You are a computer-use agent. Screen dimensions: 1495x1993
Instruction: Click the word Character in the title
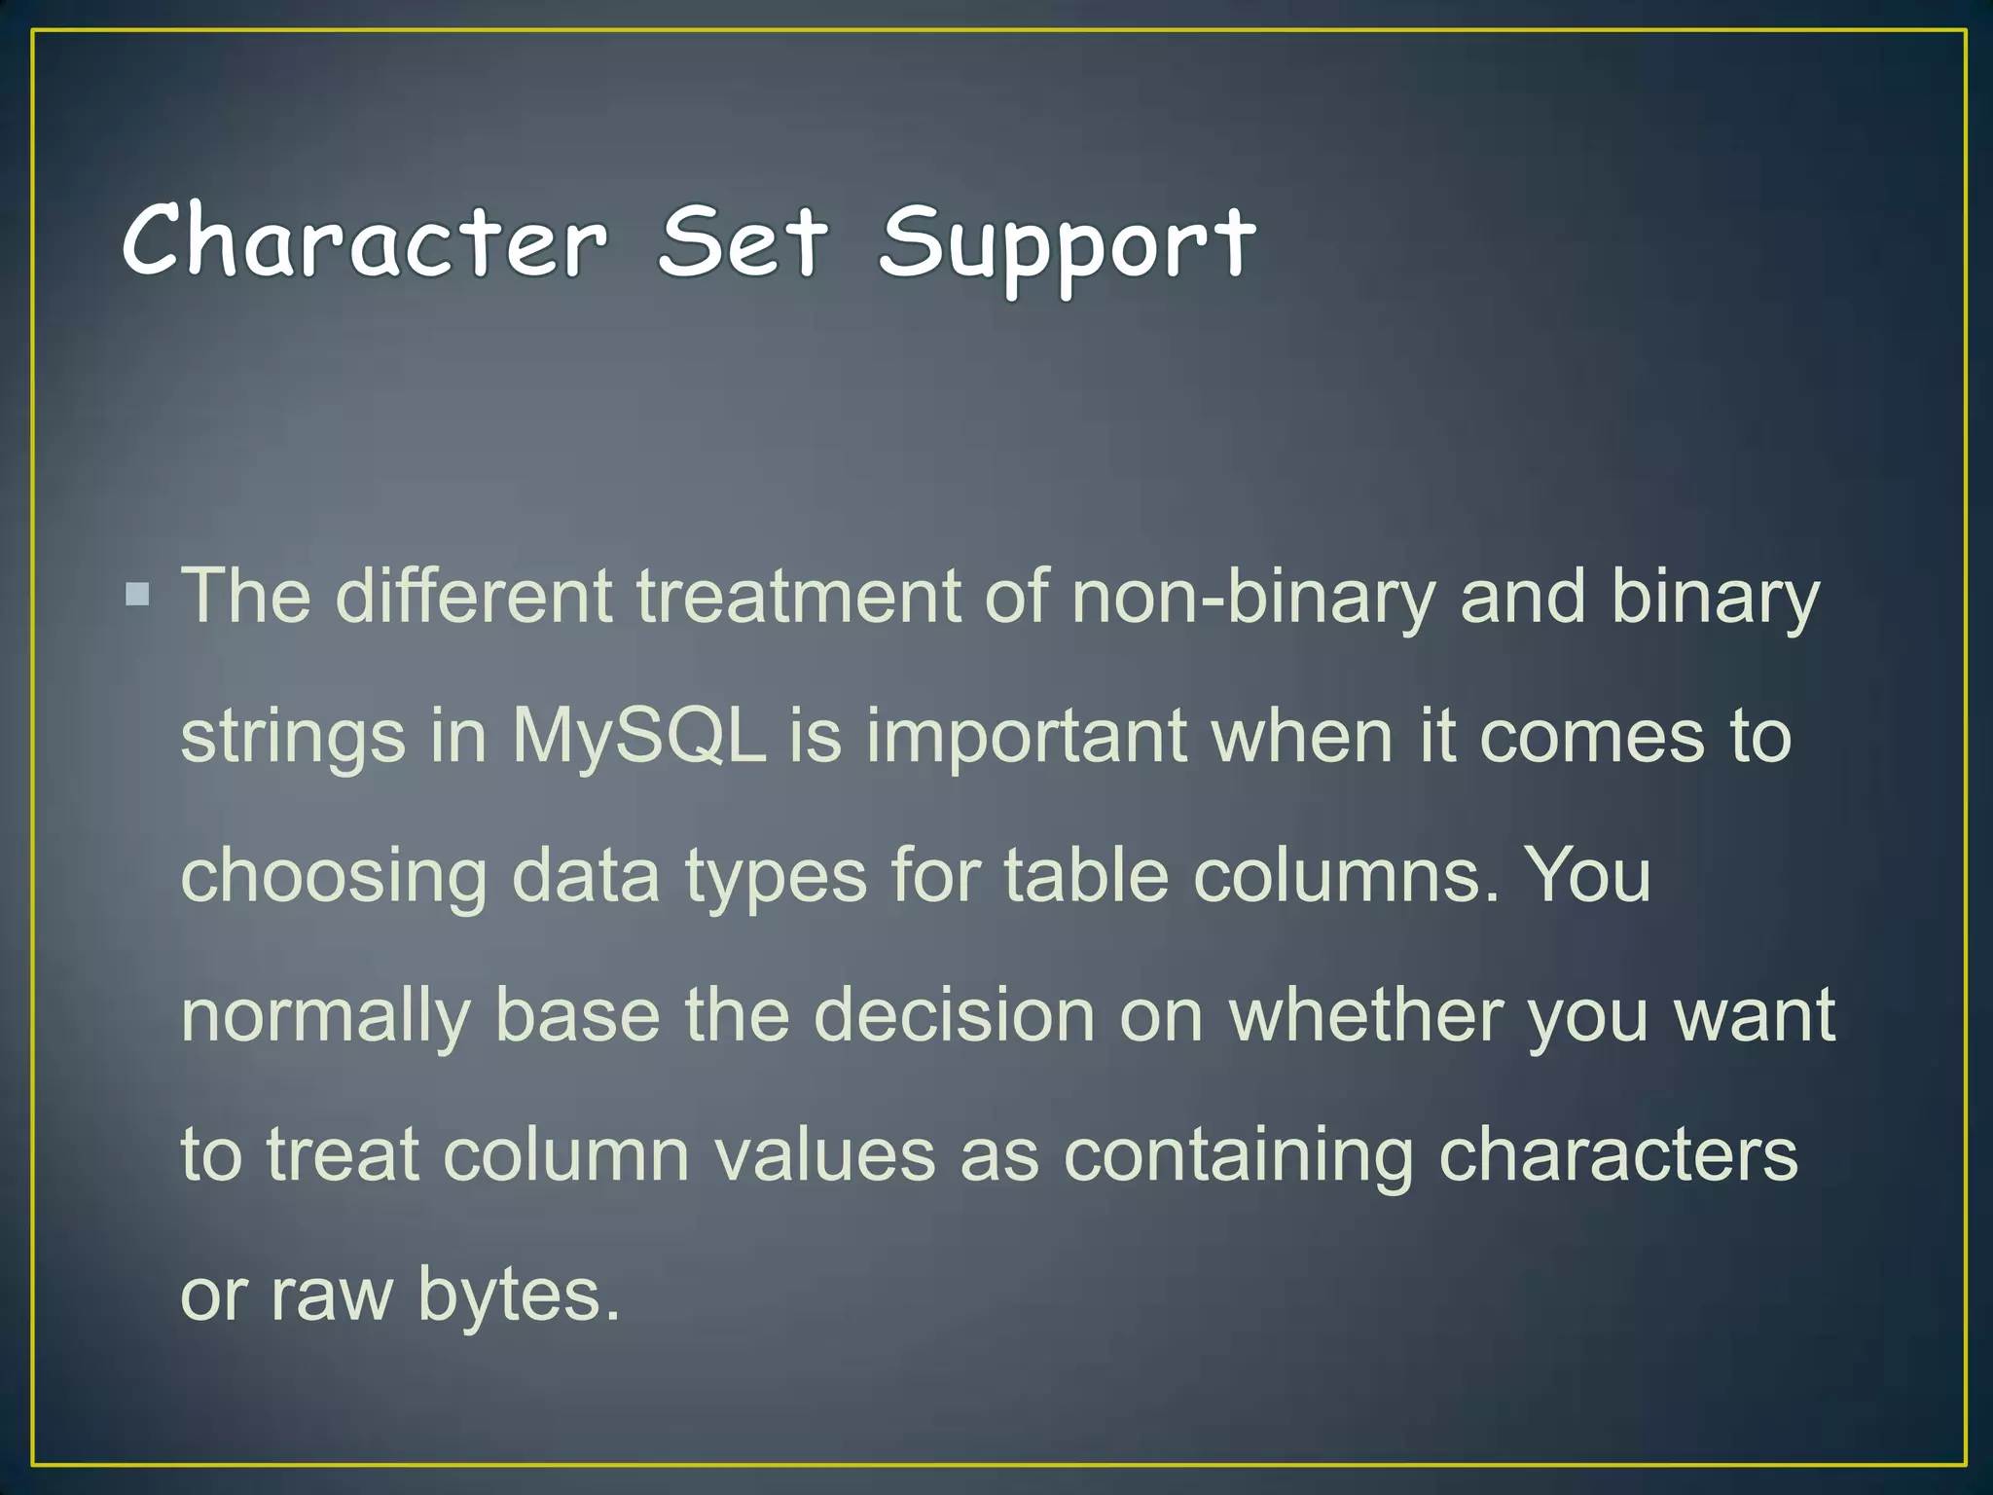point(365,240)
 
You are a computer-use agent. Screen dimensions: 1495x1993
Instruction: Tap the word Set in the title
point(743,240)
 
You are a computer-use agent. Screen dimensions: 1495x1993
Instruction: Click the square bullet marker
point(138,594)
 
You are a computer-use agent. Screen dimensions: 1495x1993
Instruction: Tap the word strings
point(293,738)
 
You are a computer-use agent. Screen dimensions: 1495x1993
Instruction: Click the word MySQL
point(638,738)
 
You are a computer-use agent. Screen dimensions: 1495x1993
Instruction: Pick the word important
point(1027,738)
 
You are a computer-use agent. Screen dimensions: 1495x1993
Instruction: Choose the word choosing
point(334,877)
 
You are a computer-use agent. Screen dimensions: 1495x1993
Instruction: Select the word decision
point(955,1015)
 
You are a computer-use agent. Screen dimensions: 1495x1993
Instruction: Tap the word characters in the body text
point(1617,1155)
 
